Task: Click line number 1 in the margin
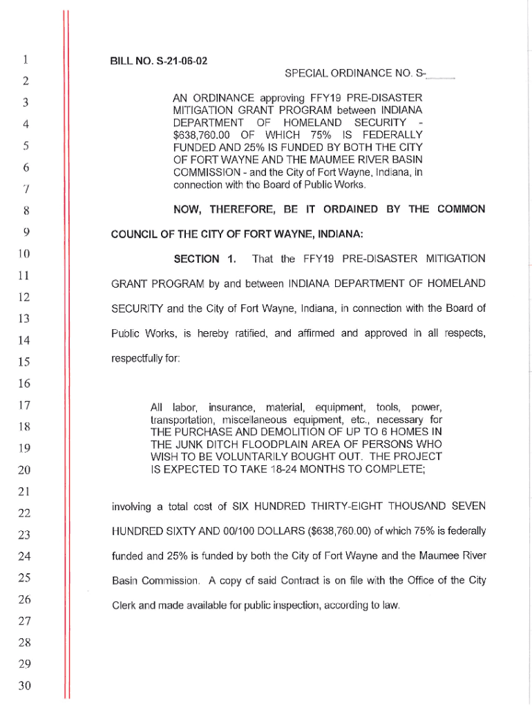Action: tap(25, 60)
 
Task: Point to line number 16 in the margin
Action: tap(25, 383)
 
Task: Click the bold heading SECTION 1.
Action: tap(205, 259)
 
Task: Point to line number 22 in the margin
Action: tap(25, 512)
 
